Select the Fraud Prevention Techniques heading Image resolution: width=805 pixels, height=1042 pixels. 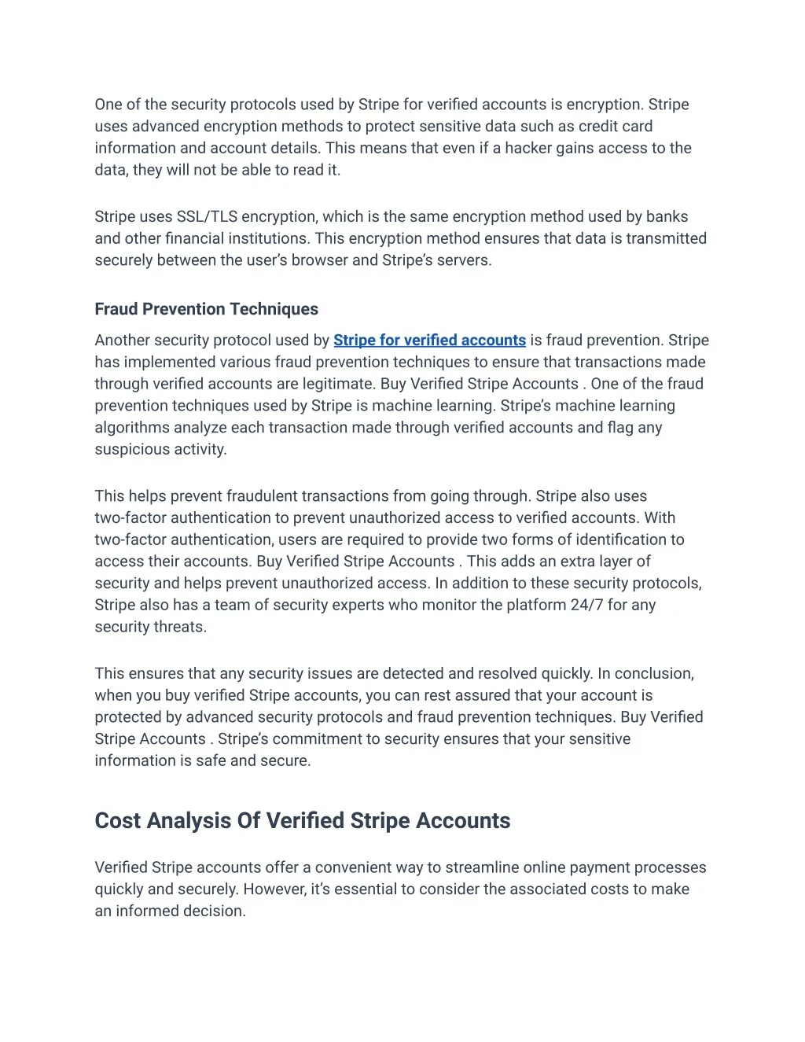coord(206,309)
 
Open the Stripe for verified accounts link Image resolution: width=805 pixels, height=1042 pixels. coord(429,341)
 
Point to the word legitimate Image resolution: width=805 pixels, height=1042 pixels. coord(341,384)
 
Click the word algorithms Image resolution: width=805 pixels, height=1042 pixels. coord(132,428)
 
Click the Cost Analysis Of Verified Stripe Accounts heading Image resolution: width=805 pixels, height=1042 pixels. coord(302,821)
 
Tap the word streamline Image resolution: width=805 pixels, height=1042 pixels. coord(481,867)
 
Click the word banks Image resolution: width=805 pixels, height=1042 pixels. coord(667,217)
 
